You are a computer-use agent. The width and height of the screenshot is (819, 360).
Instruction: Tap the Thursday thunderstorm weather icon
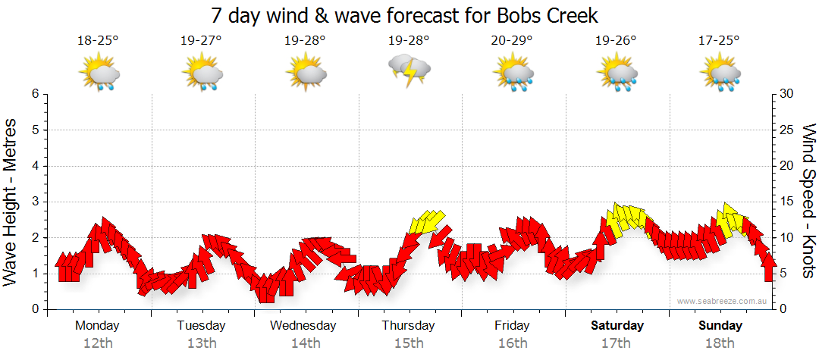pos(409,70)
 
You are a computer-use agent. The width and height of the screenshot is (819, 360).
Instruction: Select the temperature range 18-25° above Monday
pos(99,40)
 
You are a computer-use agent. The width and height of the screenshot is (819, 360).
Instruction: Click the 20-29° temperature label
pos(512,40)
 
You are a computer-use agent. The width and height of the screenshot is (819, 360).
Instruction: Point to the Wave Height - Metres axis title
pos(11,202)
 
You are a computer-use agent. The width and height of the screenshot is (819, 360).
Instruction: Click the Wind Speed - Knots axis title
pos(807,202)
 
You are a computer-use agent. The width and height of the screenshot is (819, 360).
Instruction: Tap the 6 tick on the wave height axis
pos(34,94)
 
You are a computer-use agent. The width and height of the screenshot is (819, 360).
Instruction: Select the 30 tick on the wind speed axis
pos(787,94)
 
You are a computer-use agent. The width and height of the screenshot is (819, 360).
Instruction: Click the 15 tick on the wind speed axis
pos(787,202)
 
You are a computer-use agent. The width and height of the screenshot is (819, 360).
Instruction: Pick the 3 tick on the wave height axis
pos(34,202)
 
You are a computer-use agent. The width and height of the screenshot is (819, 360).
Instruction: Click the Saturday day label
pos(617,326)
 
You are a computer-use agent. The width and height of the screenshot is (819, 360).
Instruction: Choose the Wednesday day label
pos(303,326)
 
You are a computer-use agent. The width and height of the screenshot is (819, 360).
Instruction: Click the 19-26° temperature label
pos(616,40)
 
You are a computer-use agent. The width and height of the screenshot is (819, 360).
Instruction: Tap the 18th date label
pos(720,343)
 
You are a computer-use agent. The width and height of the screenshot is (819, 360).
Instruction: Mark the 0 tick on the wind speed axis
pos(783,309)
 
